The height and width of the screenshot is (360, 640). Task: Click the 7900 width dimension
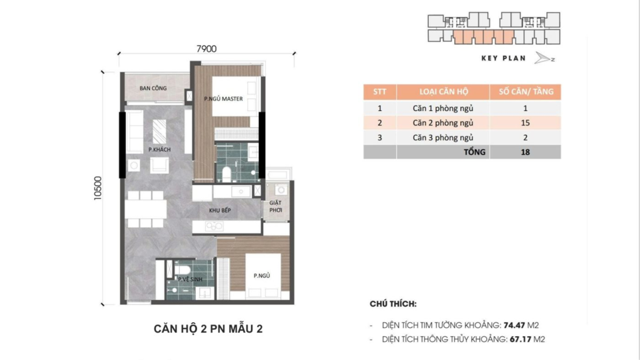(x=207, y=49)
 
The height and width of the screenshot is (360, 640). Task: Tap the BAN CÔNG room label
(x=153, y=88)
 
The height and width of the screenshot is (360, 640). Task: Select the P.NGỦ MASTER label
(x=223, y=99)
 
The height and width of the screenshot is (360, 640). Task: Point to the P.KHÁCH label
(x=159, y=149)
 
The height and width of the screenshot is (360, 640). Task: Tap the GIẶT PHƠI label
(x=275, y=207)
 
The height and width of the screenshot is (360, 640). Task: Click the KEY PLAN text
(x=503, y=58)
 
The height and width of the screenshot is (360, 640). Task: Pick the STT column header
(x=380, y=92)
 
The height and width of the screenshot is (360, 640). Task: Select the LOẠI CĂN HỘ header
(x=443, y=92)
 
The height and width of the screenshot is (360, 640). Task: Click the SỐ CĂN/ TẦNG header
(x=525, y=92)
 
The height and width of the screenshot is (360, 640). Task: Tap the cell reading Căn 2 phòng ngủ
(x=443, y=123)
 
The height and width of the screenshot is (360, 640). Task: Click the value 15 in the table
(x=525, y=123)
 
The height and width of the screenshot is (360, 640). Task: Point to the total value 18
(x=525, y=152)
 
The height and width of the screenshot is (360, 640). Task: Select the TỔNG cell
(x=475, y=152)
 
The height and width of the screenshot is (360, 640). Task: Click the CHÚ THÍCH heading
(x=393, y=304)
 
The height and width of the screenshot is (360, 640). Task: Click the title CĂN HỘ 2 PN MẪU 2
(x=208, y=329)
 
